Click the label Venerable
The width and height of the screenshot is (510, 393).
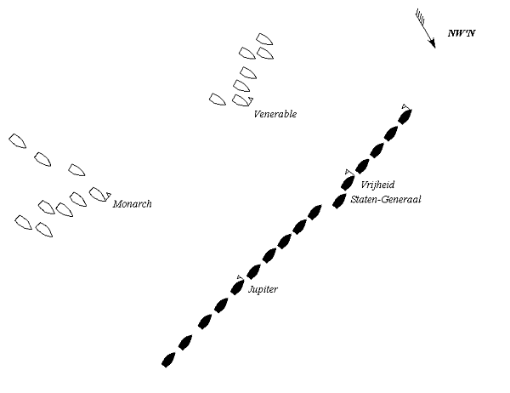275,114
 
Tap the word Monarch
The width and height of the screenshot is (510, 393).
132,204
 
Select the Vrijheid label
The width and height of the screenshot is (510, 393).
377,185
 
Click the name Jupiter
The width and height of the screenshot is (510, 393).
263,290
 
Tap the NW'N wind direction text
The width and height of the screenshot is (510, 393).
462,35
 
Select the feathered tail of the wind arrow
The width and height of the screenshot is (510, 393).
419,17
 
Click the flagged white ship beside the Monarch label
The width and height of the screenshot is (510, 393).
98,195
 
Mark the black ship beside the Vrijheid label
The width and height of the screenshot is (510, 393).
347,182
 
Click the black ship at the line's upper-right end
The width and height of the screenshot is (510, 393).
405,114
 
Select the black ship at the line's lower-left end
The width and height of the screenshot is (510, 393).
168,361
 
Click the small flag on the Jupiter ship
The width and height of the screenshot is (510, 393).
240,277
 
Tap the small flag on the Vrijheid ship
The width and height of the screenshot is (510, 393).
348,173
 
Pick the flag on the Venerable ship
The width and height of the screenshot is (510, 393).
250,101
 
